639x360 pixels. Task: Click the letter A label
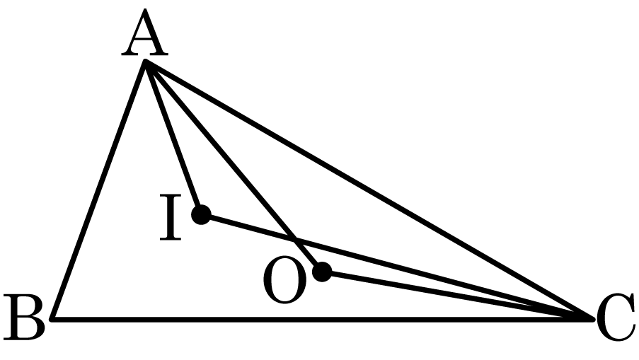click(144, 33)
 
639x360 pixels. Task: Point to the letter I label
click(171, 218)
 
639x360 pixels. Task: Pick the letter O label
click(284, 280)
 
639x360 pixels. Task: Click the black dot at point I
click(201, 214)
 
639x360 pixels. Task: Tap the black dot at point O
click(323, 272)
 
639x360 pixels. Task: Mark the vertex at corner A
click(145, 61)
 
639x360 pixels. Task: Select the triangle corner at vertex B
click(52, 319)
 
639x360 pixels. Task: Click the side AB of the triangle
click(98, 190)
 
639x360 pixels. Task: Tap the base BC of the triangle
click(323, 319)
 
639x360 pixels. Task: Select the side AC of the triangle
click(369, 190)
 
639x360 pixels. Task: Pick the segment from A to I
click(173, 138)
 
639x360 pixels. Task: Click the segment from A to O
click(234, 166)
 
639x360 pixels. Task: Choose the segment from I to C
click(397, 267)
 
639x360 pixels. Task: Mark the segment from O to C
click(458, 295)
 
